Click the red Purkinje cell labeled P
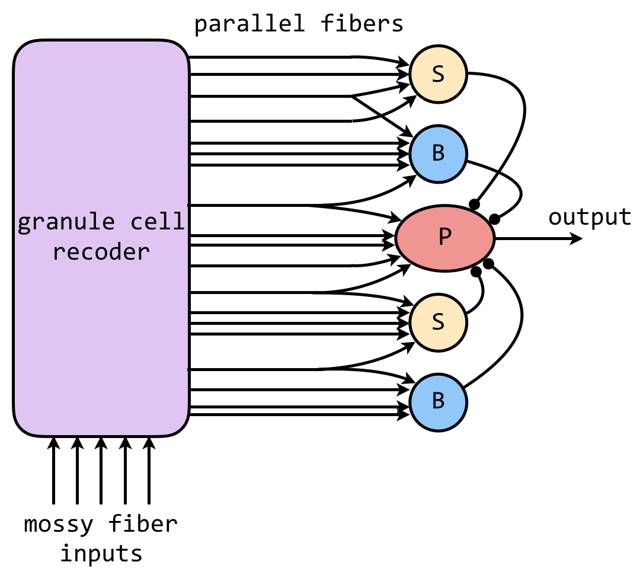point(444,238)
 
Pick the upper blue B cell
point(438,153)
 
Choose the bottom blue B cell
point(438,401)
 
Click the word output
point(590,218)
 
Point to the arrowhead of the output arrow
point(577,239)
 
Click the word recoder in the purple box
point(101,252)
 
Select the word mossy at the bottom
point(59,524)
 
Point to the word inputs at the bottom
point(101,553)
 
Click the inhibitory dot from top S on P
point(474,204)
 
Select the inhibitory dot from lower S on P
point(476,272)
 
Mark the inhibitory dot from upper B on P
point(494,219)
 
